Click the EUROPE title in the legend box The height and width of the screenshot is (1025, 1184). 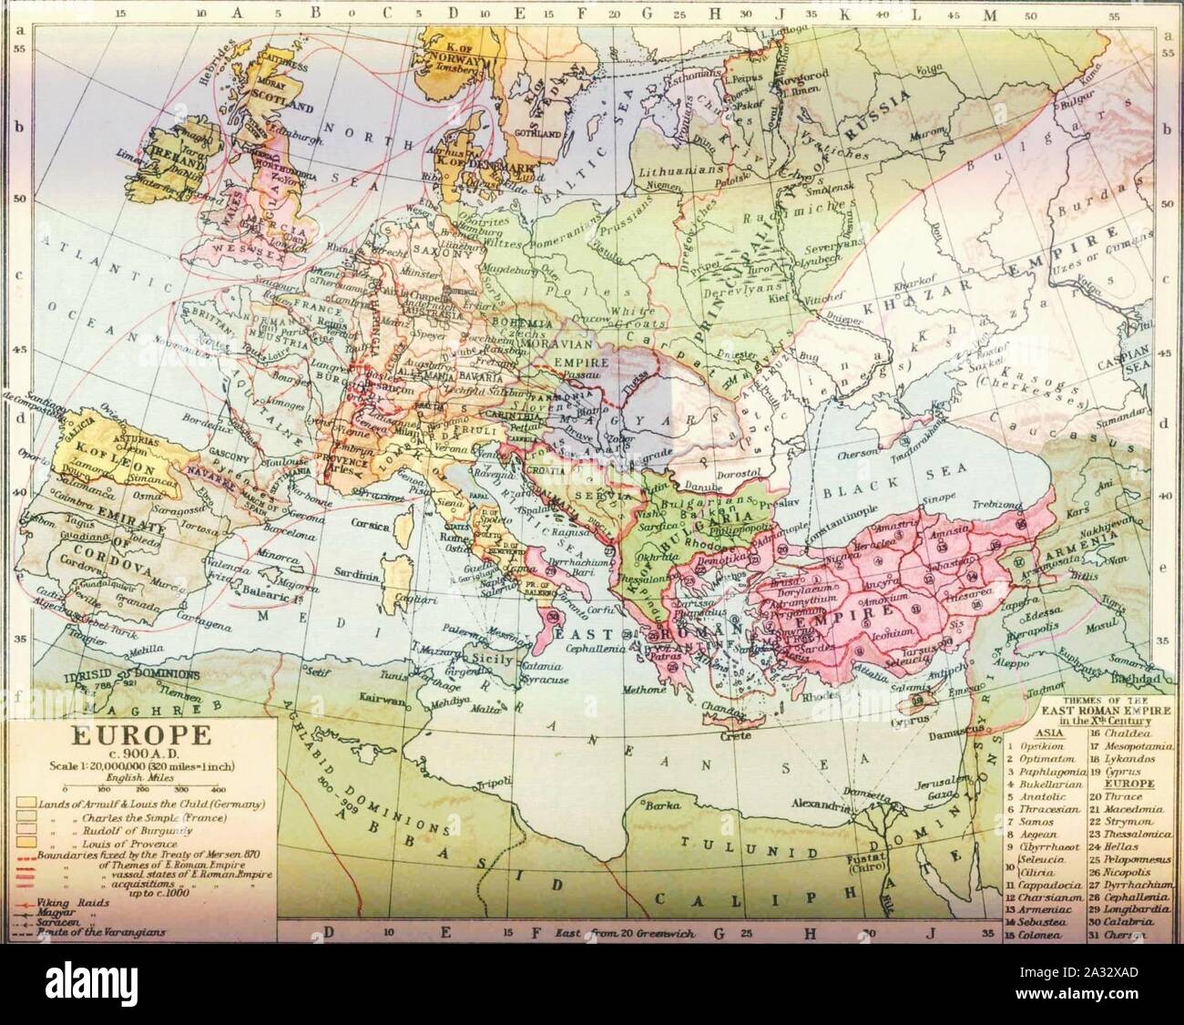121,734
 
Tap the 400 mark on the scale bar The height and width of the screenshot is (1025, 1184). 219,788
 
